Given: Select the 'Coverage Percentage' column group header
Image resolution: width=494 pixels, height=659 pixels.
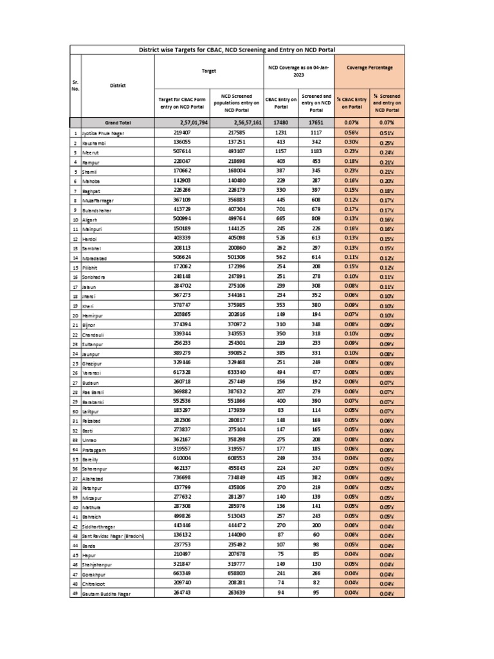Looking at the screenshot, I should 369,67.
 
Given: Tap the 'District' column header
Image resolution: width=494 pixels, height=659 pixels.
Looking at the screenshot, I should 118,85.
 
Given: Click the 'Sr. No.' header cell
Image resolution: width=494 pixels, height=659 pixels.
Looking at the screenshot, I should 75,85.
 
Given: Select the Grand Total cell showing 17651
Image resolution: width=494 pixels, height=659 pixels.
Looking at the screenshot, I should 316,122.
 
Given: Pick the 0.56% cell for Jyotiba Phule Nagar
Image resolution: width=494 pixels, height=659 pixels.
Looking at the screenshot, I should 351,133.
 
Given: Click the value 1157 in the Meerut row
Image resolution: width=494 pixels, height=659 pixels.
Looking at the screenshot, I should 281,153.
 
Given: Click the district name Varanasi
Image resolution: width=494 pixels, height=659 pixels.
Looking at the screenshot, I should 94,373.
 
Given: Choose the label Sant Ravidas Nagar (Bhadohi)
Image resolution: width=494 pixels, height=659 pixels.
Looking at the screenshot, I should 113,536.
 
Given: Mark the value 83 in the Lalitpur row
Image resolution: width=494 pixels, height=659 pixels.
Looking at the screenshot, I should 281,411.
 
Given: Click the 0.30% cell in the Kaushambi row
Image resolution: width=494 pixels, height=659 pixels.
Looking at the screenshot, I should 351,142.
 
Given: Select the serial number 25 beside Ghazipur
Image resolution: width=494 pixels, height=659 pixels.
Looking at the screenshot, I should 75,364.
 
